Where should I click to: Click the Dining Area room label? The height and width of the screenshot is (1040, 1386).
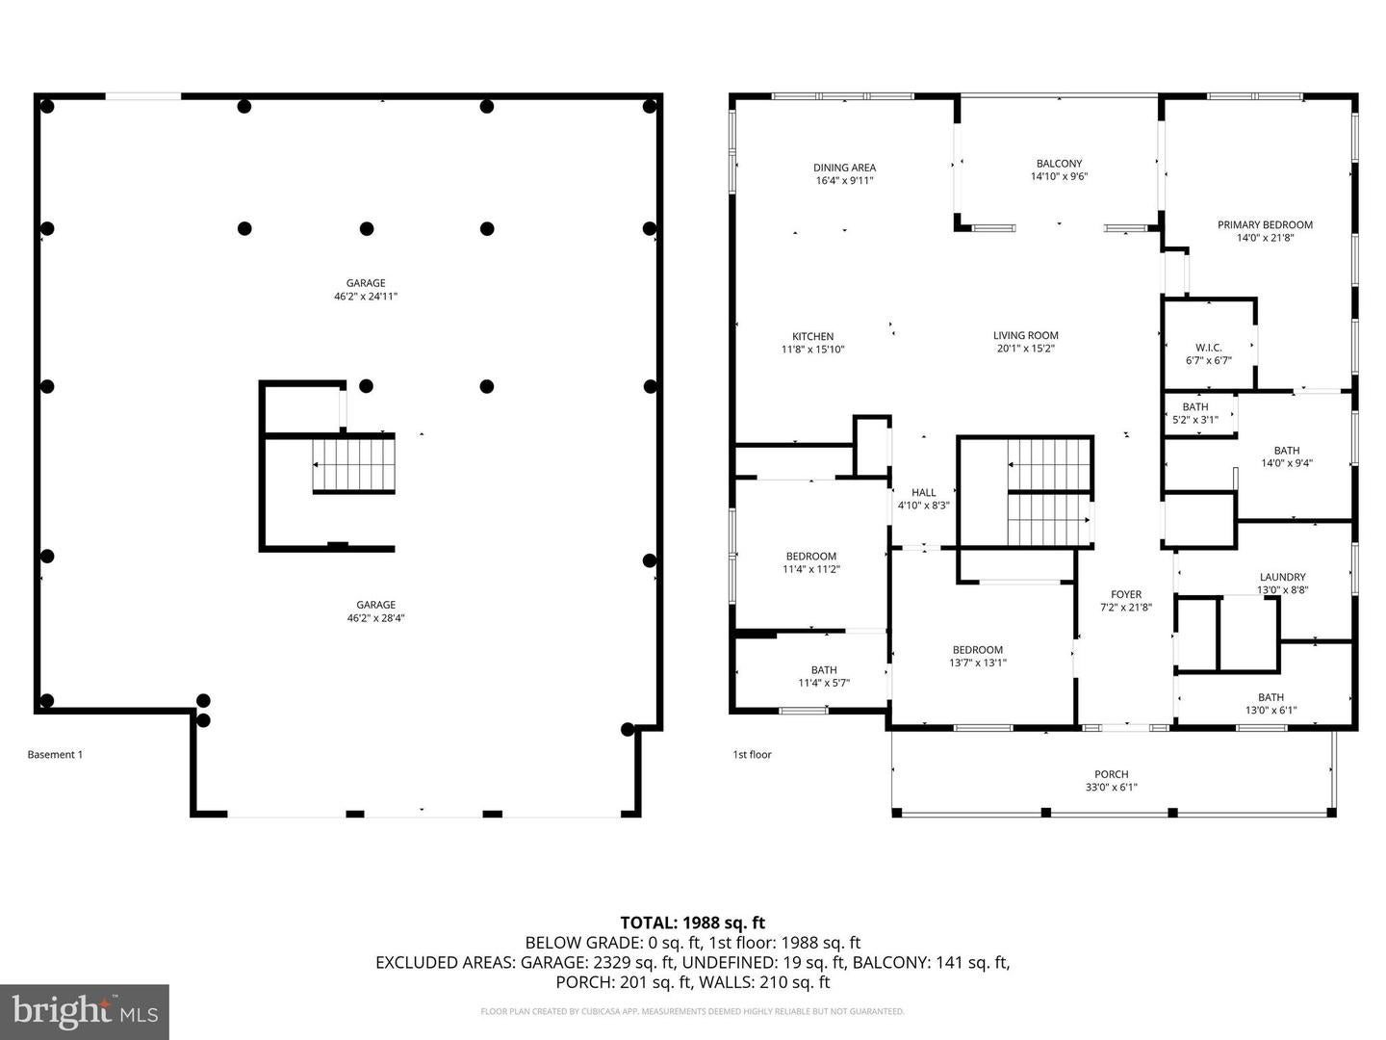point(844,168)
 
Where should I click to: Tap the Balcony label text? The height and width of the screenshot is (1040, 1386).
point(1059,164)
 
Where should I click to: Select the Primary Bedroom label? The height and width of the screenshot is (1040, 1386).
point(1265,225)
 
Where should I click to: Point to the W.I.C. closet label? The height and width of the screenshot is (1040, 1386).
point(1208,348)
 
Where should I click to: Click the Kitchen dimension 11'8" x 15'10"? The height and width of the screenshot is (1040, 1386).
point(812,350)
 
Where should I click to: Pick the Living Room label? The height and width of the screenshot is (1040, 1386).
point(1025,336)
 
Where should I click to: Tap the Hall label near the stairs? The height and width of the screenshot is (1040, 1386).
point(923,493)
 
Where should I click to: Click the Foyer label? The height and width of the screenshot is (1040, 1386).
point(1125,595)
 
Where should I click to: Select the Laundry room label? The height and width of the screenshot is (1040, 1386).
point(1282,578)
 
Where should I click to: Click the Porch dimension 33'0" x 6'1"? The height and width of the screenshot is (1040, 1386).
point(1111,787)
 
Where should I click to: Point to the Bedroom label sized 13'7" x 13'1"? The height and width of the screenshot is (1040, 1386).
point(977,650)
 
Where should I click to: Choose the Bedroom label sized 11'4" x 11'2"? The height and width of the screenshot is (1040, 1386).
point(810,557)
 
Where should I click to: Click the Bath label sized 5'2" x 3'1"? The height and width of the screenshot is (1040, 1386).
point(1194,407)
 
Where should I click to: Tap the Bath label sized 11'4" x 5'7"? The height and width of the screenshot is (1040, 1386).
point(823,670)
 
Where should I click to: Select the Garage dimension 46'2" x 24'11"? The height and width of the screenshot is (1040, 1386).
point(366,297)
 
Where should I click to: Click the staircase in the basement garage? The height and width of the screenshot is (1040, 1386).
point(353,464)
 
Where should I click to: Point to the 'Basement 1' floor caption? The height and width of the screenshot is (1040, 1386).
point(55,755)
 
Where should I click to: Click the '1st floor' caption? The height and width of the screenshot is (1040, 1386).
point(752,755)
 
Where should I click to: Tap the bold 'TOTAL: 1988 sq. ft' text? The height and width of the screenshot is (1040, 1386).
point(692,923)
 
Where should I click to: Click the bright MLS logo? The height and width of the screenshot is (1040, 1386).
point(85,1011)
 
